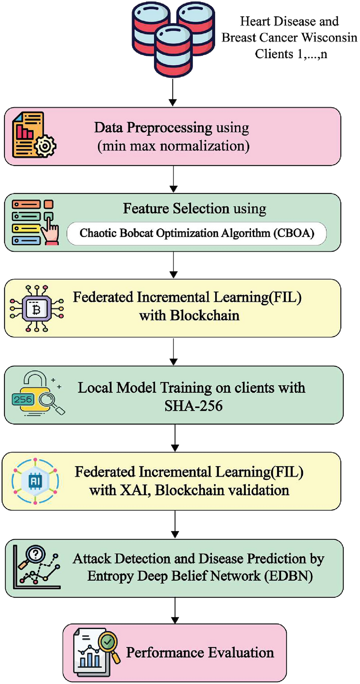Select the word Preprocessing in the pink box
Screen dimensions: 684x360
(169, 128)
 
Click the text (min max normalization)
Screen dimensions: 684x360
(173, 146)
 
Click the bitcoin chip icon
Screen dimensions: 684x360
(36, 309)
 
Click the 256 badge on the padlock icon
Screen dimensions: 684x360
(23, 399)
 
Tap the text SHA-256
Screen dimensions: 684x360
(193, 406)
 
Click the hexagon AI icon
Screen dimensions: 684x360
(35, 481)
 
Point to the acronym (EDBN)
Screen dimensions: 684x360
(289, 576)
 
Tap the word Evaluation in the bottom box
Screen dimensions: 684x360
(241, 653)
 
